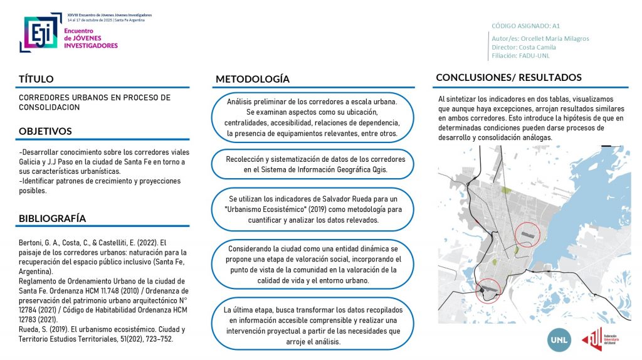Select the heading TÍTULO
(x=36, y=79)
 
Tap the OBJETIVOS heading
(x=45, y=131)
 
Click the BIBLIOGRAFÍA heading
(x=52, y=218)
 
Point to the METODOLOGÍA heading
(x=253, y=79)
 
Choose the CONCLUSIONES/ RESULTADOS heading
(x=508, y=78)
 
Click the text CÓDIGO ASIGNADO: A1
(x=525, y=26)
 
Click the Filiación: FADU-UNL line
(x=521, y=55)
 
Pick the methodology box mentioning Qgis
(x=316, y=164)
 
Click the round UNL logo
(x=559, y=339)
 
